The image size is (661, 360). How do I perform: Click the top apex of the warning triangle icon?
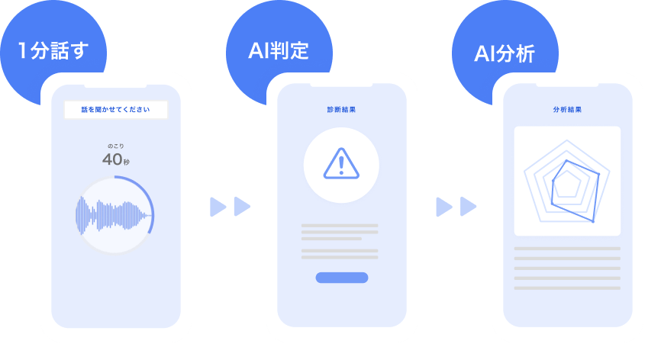click(341, 149)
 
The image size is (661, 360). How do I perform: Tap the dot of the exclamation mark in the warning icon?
click(341, 172)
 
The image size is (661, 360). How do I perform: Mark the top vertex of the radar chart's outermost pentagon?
click(567, 140)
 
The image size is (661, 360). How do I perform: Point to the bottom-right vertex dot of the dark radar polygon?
click(593, 221)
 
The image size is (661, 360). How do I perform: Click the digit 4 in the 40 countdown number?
click(108, 159)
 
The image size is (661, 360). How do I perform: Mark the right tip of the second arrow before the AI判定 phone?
click(250, 207)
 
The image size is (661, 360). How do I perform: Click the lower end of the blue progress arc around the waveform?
click(149, 232)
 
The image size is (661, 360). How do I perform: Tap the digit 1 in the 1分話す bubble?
click(22, 50)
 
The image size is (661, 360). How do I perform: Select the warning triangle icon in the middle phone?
click(341, 163)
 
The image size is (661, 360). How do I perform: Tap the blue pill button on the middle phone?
click(342, 278)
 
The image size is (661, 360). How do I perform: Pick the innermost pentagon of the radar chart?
click(567, 184)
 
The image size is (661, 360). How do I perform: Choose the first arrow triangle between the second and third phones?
click(444, 207)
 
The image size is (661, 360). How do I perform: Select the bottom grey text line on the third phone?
click(567, 288)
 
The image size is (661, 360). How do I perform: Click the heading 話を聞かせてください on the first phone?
click(115, 110)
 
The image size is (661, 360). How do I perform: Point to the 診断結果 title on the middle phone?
click(341, 110)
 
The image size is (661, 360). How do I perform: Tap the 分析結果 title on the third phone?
click(567, 110)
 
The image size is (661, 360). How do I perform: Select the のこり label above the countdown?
click(115, 146)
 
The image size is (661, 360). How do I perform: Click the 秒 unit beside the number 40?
click(127, 162)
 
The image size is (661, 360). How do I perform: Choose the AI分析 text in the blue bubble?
click(505, 54)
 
